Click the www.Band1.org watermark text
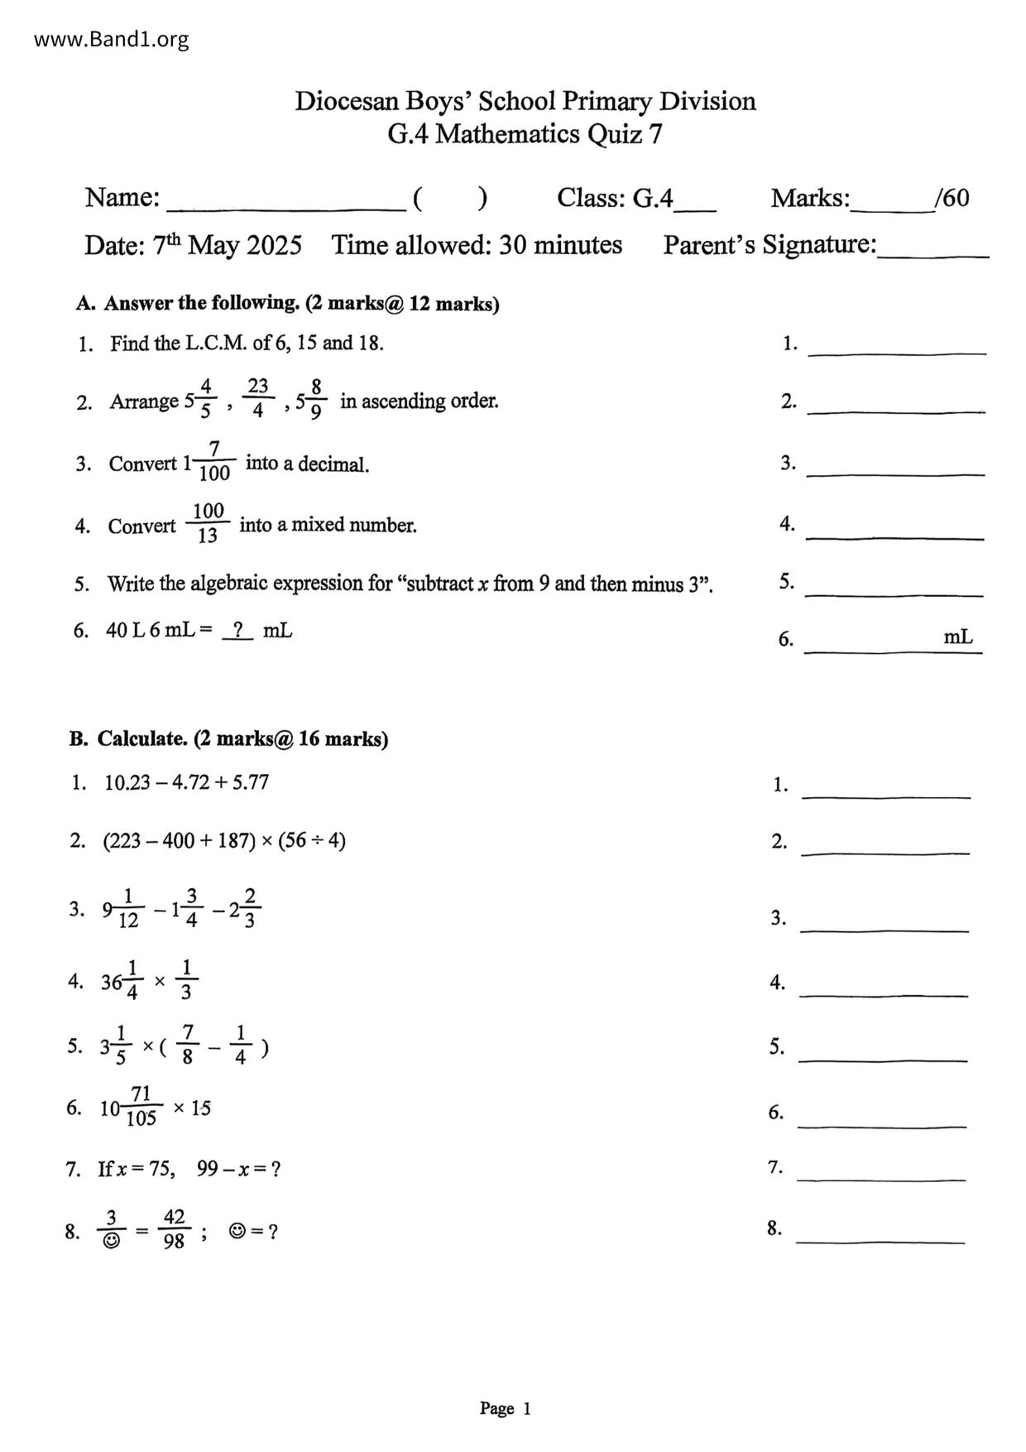[111, 39]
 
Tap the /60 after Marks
[952, 198]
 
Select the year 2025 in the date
[274, 246]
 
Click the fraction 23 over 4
[258, 398]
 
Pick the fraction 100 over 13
[208, 523]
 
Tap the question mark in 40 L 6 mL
[237, 631]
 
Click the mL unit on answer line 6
[958, 637]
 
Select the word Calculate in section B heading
[141, 738]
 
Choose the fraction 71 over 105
[141, 1107]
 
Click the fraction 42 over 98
[174, 1229]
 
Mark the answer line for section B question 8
[880, 1241]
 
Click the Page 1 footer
[505, 1408]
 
